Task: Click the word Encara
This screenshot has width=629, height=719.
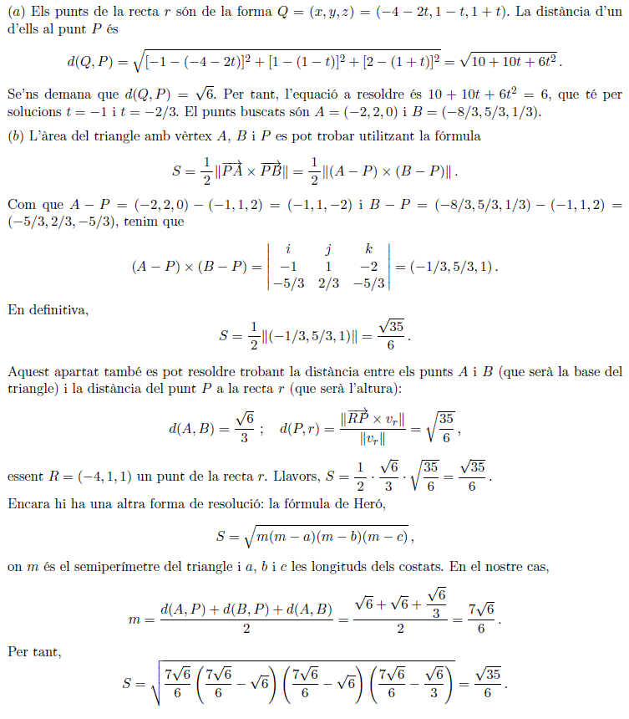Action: pyautogui.click(x=28, y=504)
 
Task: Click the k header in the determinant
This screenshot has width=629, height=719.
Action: pyautogui.click(x=368, y=248)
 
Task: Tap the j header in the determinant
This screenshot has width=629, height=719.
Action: pyautogui.click(x=328, y=248)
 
